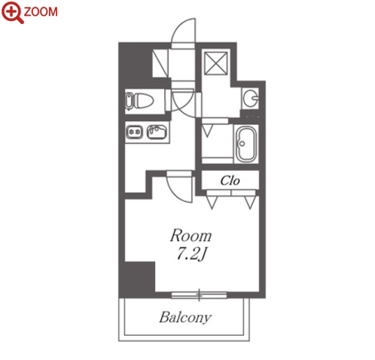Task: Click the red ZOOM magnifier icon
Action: pyautogui.click(x=13, y=12)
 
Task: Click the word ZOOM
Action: pyautogui.click(x=41, y=12)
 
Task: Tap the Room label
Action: pyautogui.click(x=191, y=236)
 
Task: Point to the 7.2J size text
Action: pyautogui.click(x=192, y=254)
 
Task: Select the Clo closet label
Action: pyautogui.click(x=230, y=181)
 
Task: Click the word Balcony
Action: pyautogui.click(x=185, y=318)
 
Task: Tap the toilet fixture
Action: pyautogui.click(x=139, y=101)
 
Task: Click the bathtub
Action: pyautogui.click(x=246, y=145)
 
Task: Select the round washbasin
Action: pyautogui.click(x=250, y=98)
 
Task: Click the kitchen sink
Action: pyautogui.click(x=157, y=132)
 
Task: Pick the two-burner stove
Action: pyautogui.click(x=135, y=132)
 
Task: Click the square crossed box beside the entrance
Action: pyautogui.click(x=216, y=63)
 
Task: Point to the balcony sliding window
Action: pyautogui.click(x=199, y=295)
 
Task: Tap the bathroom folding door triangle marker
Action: pyautogui.click(x=207, y=130)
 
